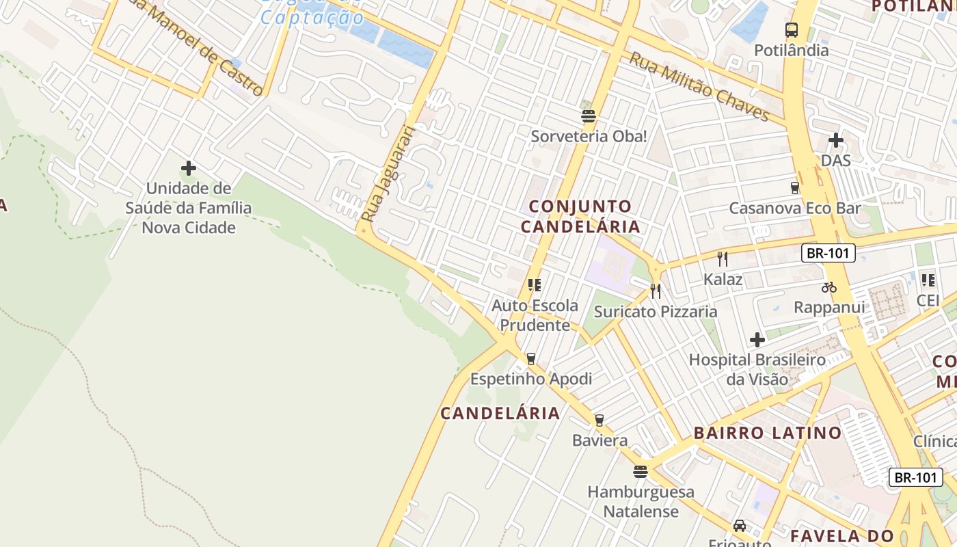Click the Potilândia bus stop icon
(x=792, y=30)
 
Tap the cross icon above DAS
(x=835, y=141)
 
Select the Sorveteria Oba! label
(x=589, y=136)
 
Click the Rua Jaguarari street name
(x=388, y=174)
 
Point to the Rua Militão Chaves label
(x=699, y=88)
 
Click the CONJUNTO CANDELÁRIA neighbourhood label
(x=580, y=216)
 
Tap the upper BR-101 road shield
(x=828, y=253)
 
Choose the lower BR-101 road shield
(x=915, y=477)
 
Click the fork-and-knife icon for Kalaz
(x=722, y=258)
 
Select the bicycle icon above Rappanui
(x=829, y=287)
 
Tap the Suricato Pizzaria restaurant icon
(x=656, y=291)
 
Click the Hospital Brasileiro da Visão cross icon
(x=757, y=340)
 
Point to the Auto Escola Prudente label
(x=535, y=315)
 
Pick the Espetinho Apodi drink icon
(x=530, y=358)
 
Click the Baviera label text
(x=599, y=440)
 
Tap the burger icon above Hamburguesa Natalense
(x=641, y=472)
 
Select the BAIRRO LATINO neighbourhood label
(x=768, y=433)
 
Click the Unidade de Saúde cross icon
(x=189, y=168)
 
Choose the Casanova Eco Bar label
(x=794, y=209)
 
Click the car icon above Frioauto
(x=739, y=526)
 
